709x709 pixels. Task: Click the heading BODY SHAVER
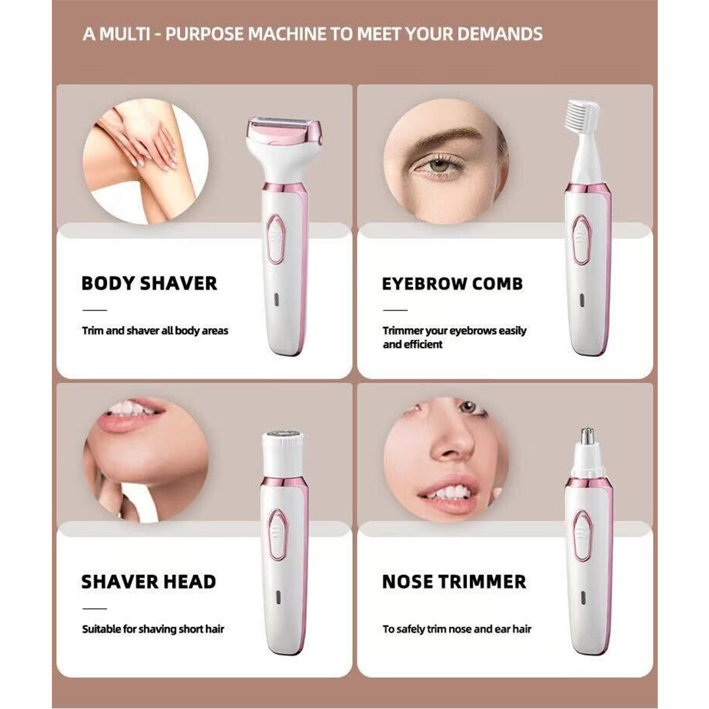[x=149, y=284]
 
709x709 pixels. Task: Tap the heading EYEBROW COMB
[x=452, y=284]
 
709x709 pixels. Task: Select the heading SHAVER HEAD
[x=149, y=582]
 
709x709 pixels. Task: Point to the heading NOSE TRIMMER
[x=454, y=582]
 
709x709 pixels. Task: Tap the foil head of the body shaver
[x=284, y=128]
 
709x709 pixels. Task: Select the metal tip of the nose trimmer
[x=587, y=435]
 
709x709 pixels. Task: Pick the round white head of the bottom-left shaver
[x=284, y=452]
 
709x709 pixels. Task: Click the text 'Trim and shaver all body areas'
[x=155, y=330]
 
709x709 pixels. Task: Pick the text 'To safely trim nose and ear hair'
[x=457, y=629]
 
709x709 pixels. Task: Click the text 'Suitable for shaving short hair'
[x=153, y=629]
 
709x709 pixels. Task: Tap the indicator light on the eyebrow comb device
[x=582, y=300]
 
